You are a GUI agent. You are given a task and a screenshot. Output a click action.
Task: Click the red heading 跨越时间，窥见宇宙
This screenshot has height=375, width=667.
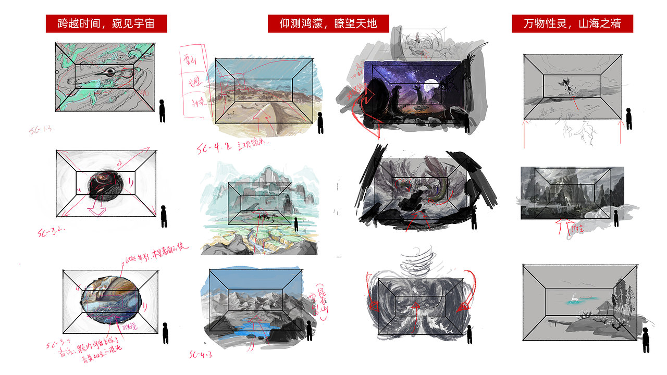106,24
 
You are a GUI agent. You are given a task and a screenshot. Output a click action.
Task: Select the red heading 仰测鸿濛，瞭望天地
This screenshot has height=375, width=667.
328,24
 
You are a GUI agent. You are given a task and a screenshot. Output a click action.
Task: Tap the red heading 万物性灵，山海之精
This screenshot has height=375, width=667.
572,24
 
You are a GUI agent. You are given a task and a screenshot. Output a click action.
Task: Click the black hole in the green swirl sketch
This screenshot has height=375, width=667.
109,72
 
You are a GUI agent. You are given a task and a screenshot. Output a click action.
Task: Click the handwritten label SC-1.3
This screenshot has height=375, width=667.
40,130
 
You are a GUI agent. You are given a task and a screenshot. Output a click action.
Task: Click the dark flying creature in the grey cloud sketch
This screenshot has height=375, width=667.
567,83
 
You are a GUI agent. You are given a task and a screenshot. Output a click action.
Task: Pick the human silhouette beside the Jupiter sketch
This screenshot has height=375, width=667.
166,333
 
